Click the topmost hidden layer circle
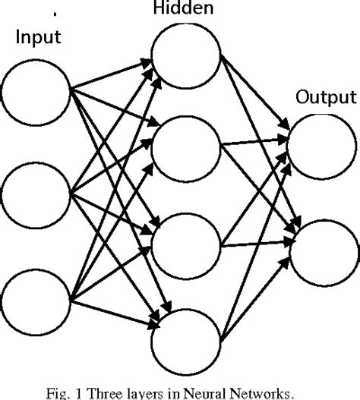pos(182,56)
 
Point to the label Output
pos(325,97)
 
